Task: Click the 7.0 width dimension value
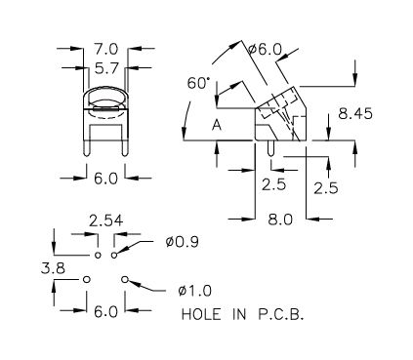point(106,50)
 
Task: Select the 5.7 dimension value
point(106,68)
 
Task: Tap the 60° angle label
point(197,83)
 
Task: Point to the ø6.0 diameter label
point(265,50)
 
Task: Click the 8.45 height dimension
point(355,114)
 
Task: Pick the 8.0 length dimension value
point(280,220)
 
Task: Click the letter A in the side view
point(217,125)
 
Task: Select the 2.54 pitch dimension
point(106,220)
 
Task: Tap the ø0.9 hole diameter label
point(182,242)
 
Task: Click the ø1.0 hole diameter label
point(195,291)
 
